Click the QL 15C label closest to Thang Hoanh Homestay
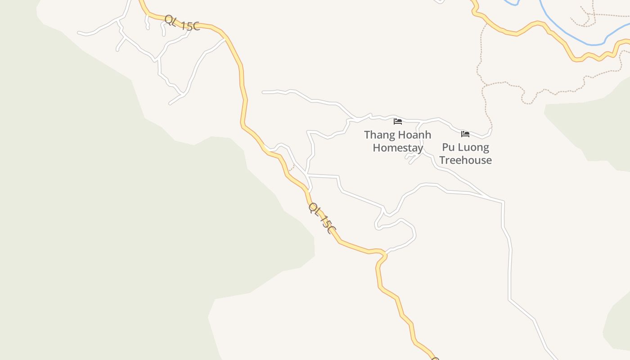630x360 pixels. coord(322,218)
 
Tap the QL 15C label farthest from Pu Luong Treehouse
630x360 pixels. coord(181,23)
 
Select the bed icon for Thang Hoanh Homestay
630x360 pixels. coord(397,121)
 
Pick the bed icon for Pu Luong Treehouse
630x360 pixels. coord(465,134)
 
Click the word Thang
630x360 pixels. coord(380,135)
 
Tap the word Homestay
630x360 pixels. coord(398,148)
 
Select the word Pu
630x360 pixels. coord(448,147)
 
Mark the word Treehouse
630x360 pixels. coord(465,160)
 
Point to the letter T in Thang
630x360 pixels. coord(367,135)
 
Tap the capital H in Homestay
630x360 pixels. coord(377,148)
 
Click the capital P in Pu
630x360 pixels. coord(445,147)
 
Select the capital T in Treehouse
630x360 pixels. coord(442,160)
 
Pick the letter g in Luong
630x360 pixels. coord(485,148)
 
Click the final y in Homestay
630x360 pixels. coord(420,149)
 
